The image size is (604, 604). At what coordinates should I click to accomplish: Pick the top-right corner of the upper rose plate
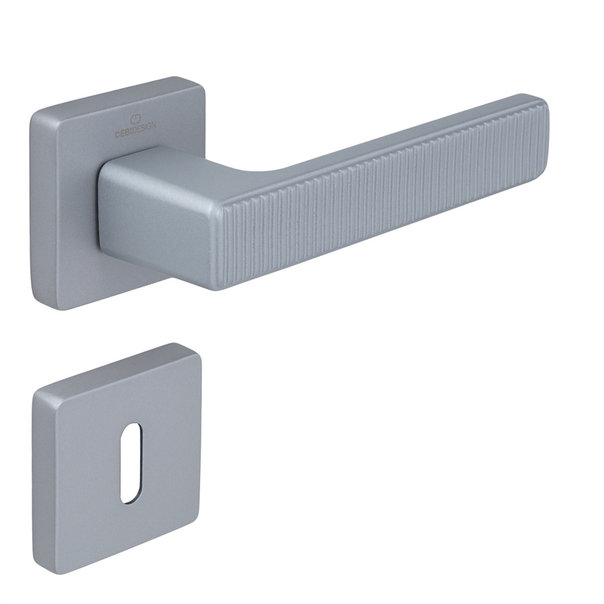coord(202,79)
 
